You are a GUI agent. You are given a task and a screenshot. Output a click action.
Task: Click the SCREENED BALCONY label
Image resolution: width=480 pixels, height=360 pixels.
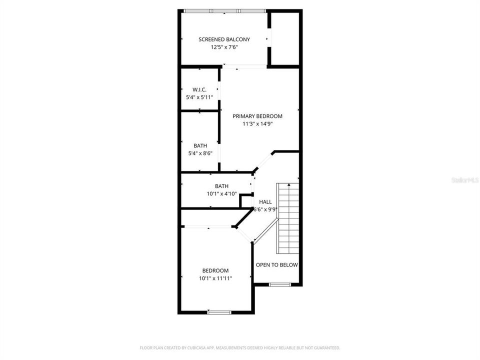(224, 39)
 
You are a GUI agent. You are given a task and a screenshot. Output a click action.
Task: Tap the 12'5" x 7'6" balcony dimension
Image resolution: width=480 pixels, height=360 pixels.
(224, 47)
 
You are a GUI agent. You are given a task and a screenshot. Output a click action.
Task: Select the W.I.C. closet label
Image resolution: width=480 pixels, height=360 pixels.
(200, 90)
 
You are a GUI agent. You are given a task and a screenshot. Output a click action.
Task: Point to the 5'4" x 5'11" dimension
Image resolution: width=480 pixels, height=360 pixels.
(200, 97)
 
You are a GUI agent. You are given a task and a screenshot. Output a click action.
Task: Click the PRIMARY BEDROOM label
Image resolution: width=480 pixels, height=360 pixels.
(257, 116)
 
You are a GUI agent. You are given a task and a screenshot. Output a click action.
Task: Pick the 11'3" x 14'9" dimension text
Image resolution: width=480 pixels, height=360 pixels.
(257, 123)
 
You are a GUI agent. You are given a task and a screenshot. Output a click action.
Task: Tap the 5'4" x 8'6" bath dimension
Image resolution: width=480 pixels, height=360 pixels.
(200, 153)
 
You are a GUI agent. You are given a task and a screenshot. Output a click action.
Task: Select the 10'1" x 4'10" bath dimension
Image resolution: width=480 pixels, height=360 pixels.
(218, 193)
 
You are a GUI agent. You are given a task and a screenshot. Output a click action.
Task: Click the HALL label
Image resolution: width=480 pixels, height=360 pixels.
(265, 202)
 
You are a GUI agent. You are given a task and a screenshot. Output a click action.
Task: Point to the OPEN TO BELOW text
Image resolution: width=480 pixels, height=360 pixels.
(276, 265)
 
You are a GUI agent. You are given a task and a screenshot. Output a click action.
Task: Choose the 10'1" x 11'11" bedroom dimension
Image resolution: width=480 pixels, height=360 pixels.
(215, 278)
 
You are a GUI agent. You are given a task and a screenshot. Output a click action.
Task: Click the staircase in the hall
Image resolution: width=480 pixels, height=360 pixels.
(288, 220)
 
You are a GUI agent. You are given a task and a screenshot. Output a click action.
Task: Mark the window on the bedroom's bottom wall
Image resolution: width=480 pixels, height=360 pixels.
(219, 312)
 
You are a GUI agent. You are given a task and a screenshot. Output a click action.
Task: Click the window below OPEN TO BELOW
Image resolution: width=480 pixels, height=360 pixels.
(279, 284)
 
